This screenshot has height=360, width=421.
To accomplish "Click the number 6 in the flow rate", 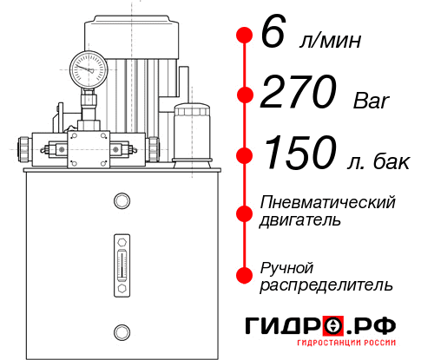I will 272,36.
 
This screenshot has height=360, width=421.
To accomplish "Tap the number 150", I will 295,154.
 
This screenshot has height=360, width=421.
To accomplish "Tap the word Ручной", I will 286,266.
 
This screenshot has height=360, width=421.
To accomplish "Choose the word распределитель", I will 326,284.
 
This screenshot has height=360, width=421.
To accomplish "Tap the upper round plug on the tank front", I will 122,201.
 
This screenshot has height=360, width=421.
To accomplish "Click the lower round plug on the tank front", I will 122,331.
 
